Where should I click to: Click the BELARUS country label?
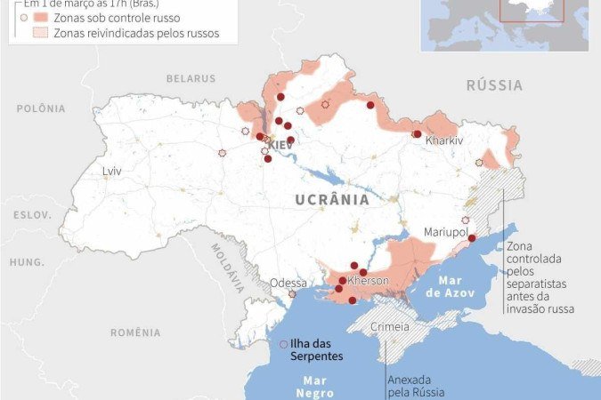coord(191,78)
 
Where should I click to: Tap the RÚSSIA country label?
coord(494,85)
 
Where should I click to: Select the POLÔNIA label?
coord(41,108)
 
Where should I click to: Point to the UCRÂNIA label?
coord(331,200)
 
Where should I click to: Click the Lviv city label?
coord(111,171)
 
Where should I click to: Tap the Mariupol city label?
coord(446,231)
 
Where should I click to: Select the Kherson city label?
coord(368,281)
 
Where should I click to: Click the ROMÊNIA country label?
coord(136,332)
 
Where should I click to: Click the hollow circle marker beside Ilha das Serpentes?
coord(283,344)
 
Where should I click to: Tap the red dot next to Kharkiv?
coord(417,134)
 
